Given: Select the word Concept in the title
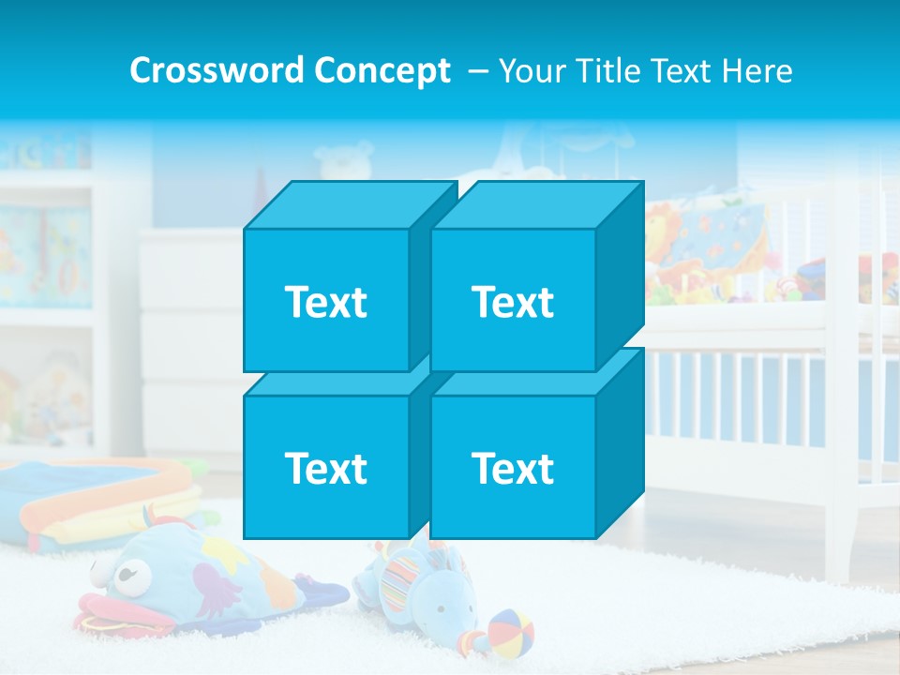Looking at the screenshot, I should point(382,71).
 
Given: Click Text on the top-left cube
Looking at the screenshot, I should point(325,302).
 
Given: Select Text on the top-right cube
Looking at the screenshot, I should point(512,302).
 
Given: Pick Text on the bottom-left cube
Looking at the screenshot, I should point(325,468).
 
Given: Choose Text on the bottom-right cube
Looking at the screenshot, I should point(512,468).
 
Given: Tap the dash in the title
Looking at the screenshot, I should point(476,71).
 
